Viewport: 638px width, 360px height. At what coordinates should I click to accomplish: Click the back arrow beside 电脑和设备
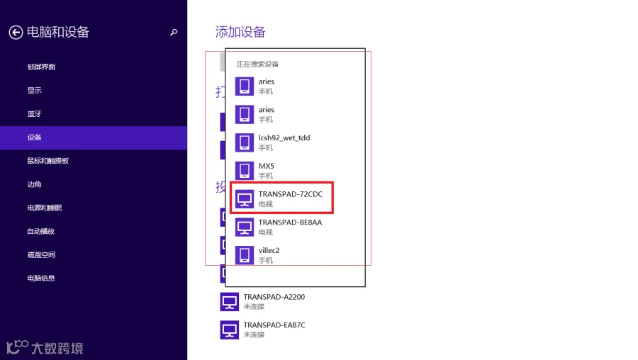coord(16,32)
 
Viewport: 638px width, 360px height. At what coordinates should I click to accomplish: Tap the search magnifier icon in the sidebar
coord(174,32)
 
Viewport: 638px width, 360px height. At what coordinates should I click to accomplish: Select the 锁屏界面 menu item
coord(41,67)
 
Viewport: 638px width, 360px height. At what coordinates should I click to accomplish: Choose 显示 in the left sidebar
coord(34,90)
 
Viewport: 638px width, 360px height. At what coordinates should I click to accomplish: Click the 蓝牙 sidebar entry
coord(34,114)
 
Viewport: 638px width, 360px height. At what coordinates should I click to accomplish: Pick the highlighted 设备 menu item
coord(34,137)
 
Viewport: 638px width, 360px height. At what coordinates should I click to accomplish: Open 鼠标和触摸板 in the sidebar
coord(48,161)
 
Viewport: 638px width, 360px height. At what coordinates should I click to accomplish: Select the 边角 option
coord(34,184)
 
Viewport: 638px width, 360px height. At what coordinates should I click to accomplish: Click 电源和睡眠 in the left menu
coord(45,208)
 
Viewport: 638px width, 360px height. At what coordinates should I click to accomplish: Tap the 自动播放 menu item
coord(40,232)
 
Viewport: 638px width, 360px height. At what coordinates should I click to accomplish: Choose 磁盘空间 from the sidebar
coord(41,254)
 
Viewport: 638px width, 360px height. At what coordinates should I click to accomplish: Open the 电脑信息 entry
coord(40,279)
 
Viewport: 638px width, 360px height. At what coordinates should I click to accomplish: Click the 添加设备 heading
coord(240,32)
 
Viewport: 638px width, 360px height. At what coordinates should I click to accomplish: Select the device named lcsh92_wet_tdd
coord(284,138)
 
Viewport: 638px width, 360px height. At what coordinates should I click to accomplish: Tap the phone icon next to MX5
coord(245,171)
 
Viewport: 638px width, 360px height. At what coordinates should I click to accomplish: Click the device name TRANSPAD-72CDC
coord(291,194)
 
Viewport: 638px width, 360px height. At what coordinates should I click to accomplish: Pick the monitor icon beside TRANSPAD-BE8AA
coord(245,227)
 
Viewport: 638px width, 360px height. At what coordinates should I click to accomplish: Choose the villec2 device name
coord(269,250)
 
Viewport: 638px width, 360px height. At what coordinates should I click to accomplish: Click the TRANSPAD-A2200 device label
coord(274,297)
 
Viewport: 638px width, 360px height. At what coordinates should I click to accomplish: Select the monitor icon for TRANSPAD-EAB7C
coord(230,330)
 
